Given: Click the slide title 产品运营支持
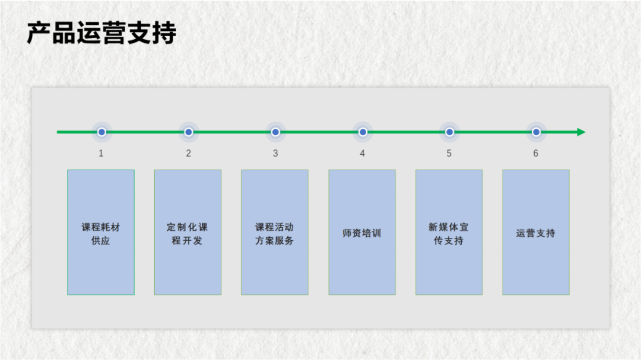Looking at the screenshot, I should coord(101,34).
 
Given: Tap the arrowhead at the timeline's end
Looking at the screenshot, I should coord(581,132).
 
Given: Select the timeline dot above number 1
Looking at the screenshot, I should coord(101,132).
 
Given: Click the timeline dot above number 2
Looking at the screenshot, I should coord(188,132).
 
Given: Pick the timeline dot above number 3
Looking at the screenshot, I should coord(275,132).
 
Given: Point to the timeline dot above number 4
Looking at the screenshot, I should coord(363,132).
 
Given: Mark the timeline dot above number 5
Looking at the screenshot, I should coord(449,132).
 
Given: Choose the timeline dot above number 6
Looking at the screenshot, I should coord(536,132).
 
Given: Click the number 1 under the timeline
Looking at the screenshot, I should coord(101,154).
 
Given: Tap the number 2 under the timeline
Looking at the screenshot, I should coord(188,154).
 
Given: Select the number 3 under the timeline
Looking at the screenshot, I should coord(275,154).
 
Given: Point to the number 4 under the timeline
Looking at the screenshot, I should coord(362,154).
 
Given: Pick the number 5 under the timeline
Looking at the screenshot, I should coord(449,154).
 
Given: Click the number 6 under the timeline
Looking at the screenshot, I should coord(536,154).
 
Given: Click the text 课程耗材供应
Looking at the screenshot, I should coord(101,234).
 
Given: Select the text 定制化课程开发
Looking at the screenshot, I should coord(188,234).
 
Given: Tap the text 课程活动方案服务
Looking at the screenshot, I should coord(275,234).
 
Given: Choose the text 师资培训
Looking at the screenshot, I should coord(362,233).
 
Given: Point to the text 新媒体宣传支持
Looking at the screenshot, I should coord(449,234).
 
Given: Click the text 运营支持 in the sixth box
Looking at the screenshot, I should coord(536,233).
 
